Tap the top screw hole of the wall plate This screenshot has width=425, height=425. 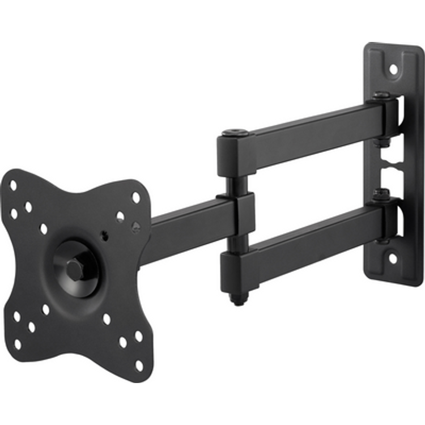coord(393,69)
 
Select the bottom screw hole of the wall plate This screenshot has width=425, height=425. coord(392,258)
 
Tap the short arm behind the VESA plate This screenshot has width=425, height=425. coord(187,229)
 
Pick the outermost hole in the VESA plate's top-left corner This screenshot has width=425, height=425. coord(13,185)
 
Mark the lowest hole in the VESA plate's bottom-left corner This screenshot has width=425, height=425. coord(18,343)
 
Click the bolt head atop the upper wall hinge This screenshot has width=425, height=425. coord(381,96)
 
